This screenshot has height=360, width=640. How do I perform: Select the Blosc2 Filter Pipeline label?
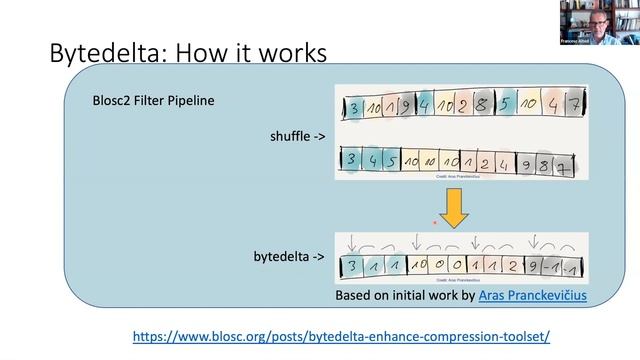pyautogui.click(x=151, y=100)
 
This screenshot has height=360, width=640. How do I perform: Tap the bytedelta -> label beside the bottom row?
pyautogui.click(x=289, y=257)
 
